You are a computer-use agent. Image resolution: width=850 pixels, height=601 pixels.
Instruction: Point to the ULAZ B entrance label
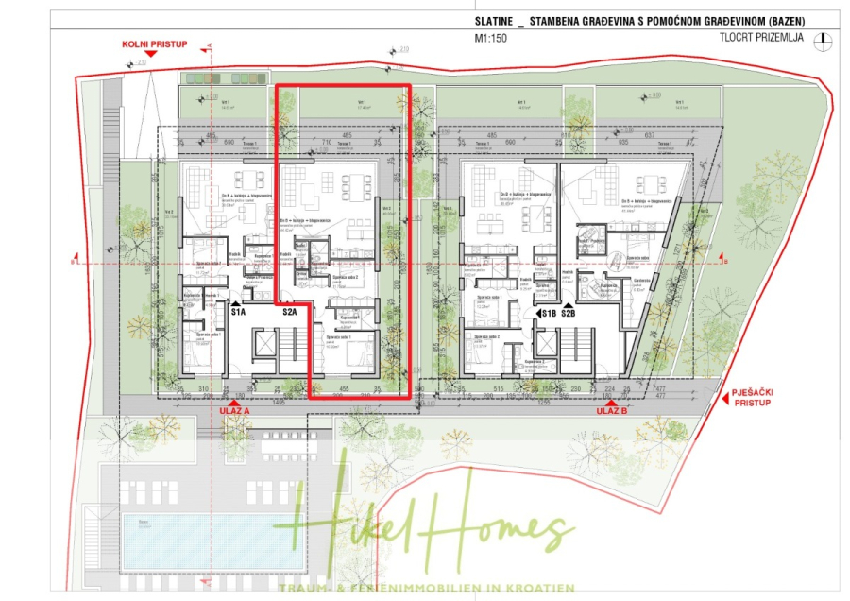(x=613, y=411)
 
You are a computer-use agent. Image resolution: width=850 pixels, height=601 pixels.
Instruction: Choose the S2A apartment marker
(x=289, y=312)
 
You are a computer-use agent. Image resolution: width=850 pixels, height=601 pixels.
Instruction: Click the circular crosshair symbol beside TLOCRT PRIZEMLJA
(x=826, y=39)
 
